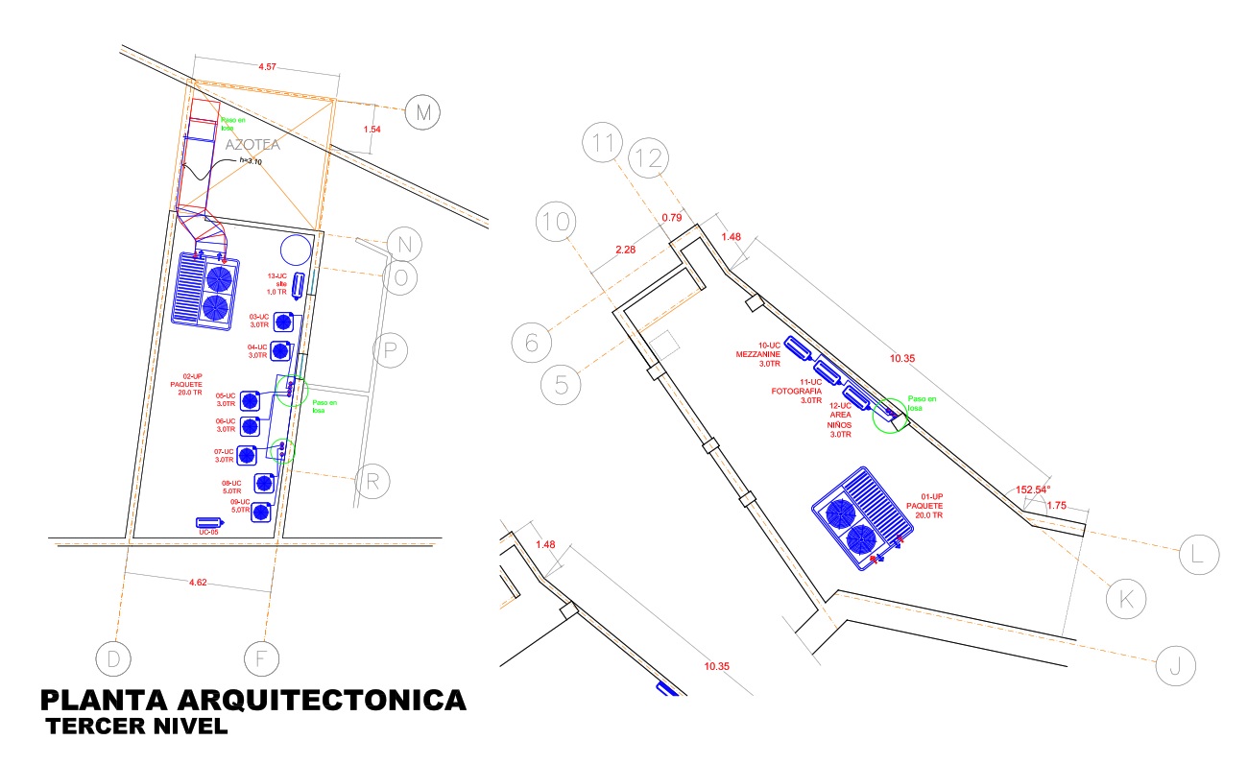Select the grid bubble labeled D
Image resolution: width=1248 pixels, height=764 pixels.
pos(112,658)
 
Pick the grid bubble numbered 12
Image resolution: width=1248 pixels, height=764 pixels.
pos(648,158)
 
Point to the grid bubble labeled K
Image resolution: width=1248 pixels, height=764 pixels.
pos(1125,599)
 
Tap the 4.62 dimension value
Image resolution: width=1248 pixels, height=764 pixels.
pos(199,582)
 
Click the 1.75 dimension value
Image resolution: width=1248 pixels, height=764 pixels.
pos(1057,505)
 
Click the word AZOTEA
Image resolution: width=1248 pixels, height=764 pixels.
pos(252,145)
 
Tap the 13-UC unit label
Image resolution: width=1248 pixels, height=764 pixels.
pos(276,276)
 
